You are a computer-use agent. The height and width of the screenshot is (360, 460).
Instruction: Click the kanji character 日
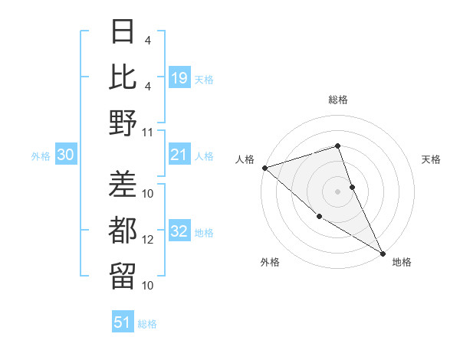pos(123,32)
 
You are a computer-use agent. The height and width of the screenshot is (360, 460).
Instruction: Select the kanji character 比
pos(123,77)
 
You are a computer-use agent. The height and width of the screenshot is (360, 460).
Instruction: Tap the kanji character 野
pos(123,123)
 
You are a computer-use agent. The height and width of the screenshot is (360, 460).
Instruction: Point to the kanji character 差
pos(123,184)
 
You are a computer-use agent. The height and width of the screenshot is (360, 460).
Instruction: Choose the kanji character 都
pos(123,230)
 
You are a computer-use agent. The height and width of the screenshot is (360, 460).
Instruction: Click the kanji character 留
pos(123,275)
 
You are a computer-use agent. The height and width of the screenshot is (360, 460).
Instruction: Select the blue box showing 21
pos(179,155)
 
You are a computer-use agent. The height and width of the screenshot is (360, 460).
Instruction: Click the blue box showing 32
pos(179,232)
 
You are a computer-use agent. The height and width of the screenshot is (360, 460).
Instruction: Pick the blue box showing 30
pos(66,155)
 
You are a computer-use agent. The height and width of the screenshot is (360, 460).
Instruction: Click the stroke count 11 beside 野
pos(148,133)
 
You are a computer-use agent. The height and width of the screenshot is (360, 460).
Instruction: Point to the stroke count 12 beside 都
pos(148,240)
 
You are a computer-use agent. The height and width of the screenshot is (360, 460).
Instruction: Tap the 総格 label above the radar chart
pos(338,100)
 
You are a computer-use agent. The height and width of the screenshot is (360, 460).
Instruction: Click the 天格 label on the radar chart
pos(432,159)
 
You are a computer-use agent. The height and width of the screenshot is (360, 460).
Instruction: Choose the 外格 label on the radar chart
pos(270,263)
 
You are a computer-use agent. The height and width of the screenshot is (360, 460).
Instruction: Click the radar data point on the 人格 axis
pos(264,167)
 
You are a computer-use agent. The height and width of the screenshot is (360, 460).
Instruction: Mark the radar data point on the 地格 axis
pos(383,253)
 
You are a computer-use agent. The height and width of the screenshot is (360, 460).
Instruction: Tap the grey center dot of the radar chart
pos(337,191)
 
